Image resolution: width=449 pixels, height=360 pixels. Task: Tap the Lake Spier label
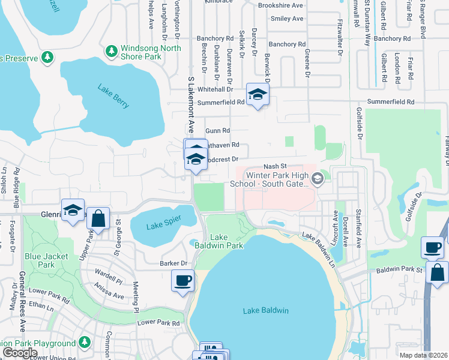pos(164,226)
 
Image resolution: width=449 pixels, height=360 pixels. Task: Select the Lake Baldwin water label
pos(266,310)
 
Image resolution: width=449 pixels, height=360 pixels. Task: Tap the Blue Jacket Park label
pos(40,260)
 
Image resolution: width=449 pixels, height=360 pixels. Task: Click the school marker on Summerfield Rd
pos(258,95)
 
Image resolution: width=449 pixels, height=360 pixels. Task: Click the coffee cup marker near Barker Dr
pos(182,280)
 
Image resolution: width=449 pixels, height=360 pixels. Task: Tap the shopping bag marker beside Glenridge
pos(98,219)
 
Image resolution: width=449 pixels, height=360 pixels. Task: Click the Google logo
pos(20,353)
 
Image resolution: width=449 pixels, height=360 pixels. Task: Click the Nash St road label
pos(276,166)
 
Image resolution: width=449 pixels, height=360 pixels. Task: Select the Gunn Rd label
pos(217,130)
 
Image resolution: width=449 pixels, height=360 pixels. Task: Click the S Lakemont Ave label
pos(192,106)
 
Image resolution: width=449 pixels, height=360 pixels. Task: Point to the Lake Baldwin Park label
pos(226,241)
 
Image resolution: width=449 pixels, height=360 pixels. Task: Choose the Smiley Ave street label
pos(287,19)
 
